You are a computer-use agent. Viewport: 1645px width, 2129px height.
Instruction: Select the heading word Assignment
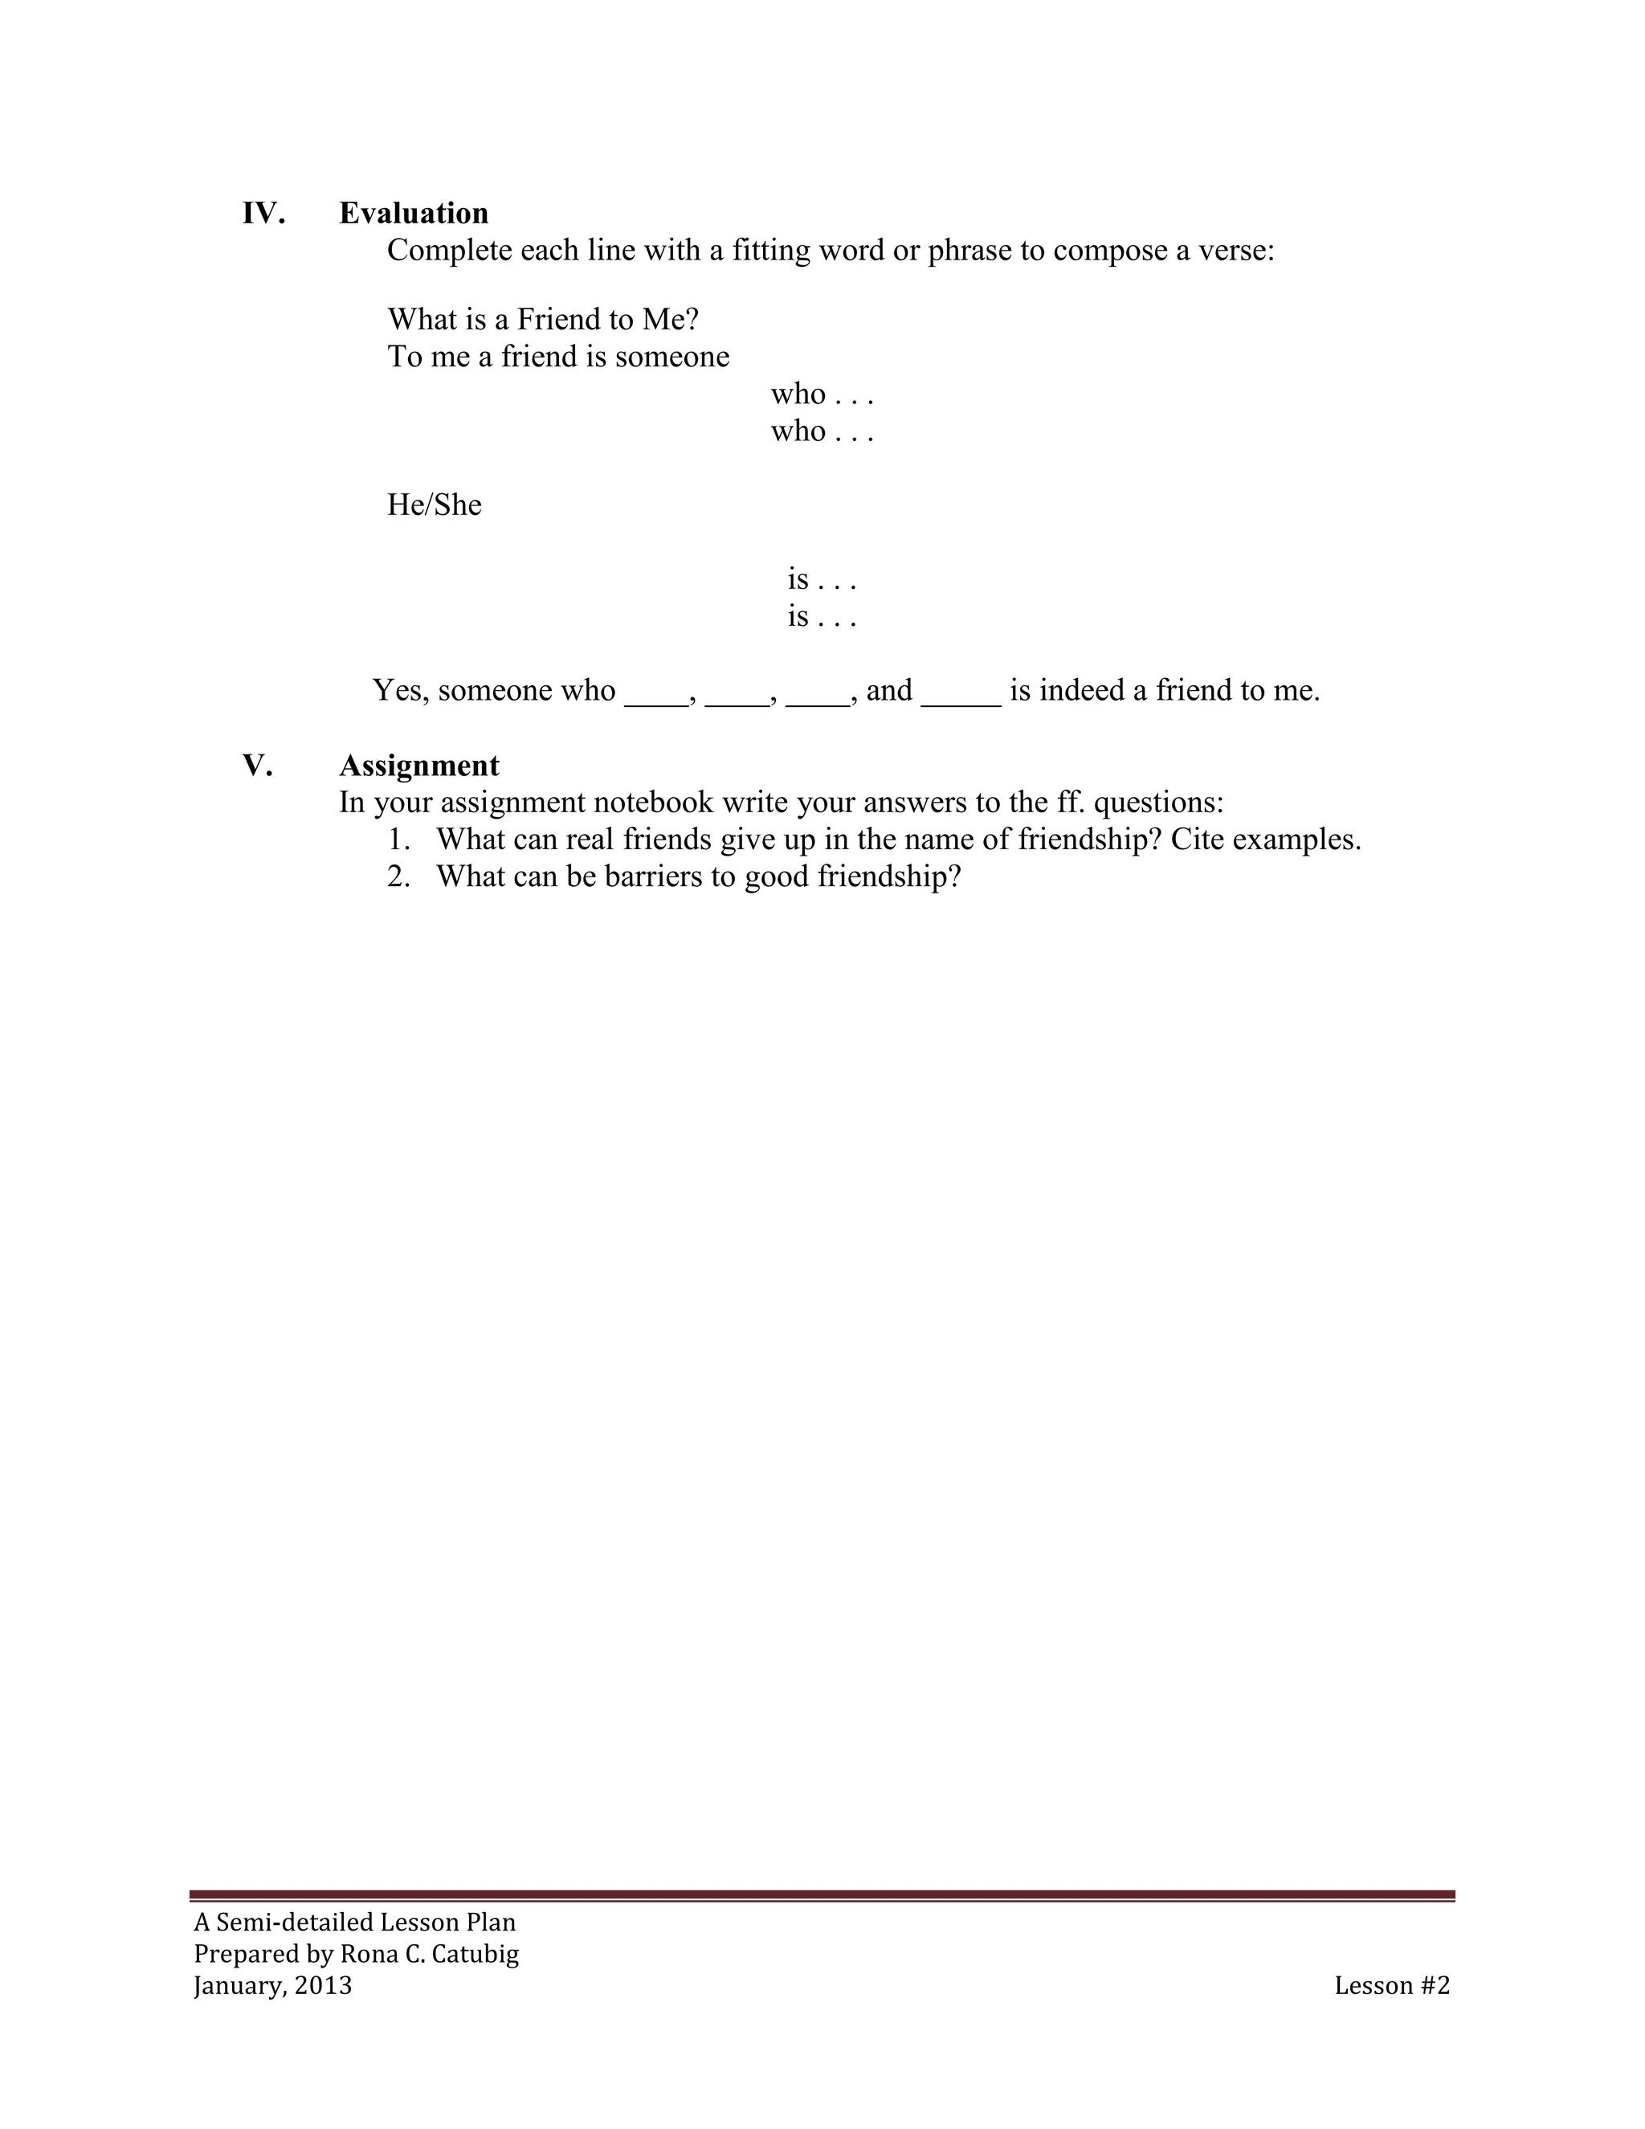tap(419, 766)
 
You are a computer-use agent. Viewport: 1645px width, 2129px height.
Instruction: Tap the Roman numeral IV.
tap(263, 214)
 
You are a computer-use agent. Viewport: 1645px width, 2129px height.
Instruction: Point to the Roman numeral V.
tap(257, 766)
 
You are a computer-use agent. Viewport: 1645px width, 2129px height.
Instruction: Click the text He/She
tap(434, 505)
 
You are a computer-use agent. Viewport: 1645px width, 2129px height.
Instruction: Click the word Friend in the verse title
tap(558, 320)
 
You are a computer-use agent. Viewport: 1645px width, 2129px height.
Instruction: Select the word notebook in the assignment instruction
tap(653, 803)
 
